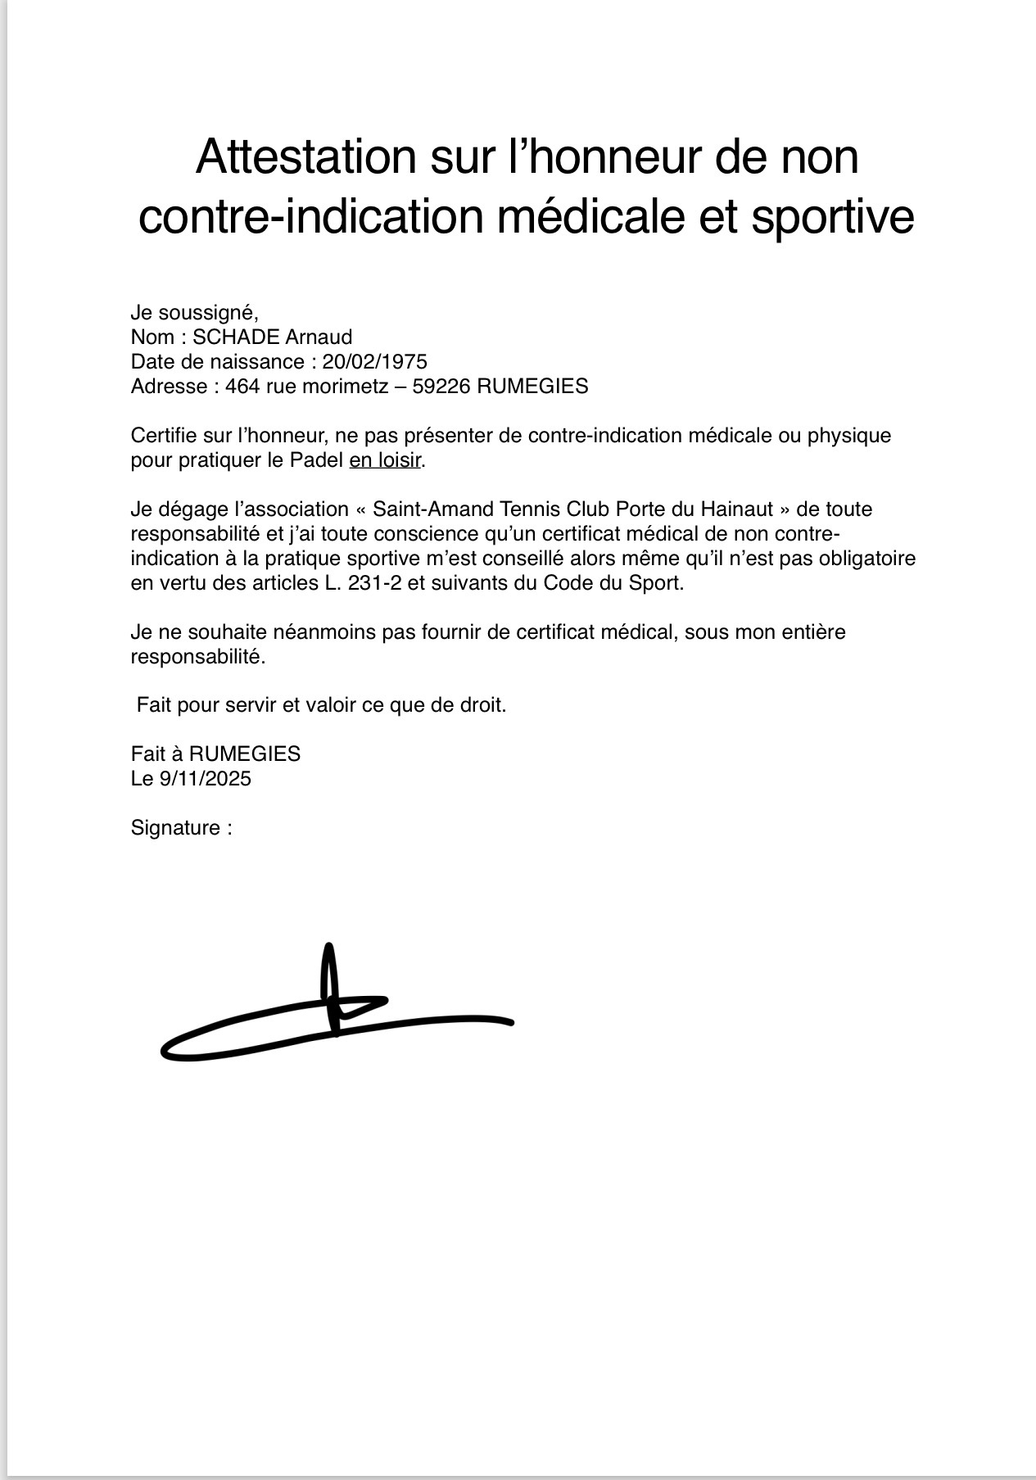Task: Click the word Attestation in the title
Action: (305, 157)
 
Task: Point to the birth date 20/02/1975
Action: (375, 362)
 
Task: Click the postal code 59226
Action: (441, 387)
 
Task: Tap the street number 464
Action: (242, 387)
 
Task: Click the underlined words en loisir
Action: (385, 460)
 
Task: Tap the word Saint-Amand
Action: (423, 509)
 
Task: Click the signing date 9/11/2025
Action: (205, 779)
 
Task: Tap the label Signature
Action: (175, 828)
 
